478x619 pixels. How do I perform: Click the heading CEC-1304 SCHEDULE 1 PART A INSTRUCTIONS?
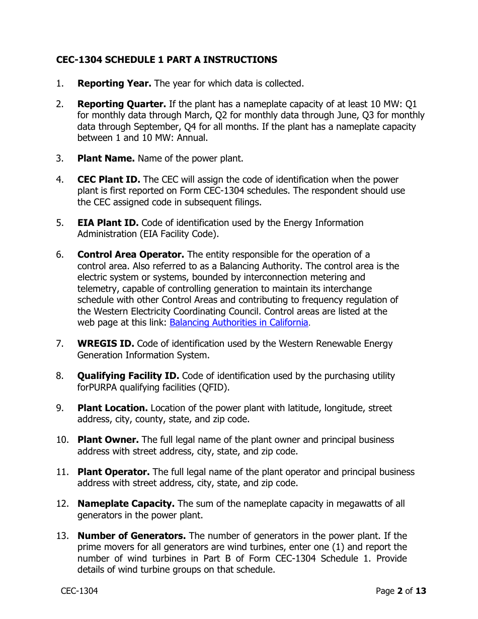(167, 60)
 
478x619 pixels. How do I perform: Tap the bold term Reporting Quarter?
(121, 104)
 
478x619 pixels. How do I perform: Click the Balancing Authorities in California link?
(238, 323)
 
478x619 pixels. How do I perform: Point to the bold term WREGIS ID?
(106, 344)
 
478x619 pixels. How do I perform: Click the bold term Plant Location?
(112, 408)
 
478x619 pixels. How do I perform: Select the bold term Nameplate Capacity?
(126, 504)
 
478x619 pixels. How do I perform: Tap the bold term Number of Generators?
(131, 536)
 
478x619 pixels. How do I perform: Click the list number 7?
(60, 344)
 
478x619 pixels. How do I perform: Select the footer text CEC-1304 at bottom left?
(79, 591)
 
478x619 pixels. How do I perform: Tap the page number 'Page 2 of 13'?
(401, 591)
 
